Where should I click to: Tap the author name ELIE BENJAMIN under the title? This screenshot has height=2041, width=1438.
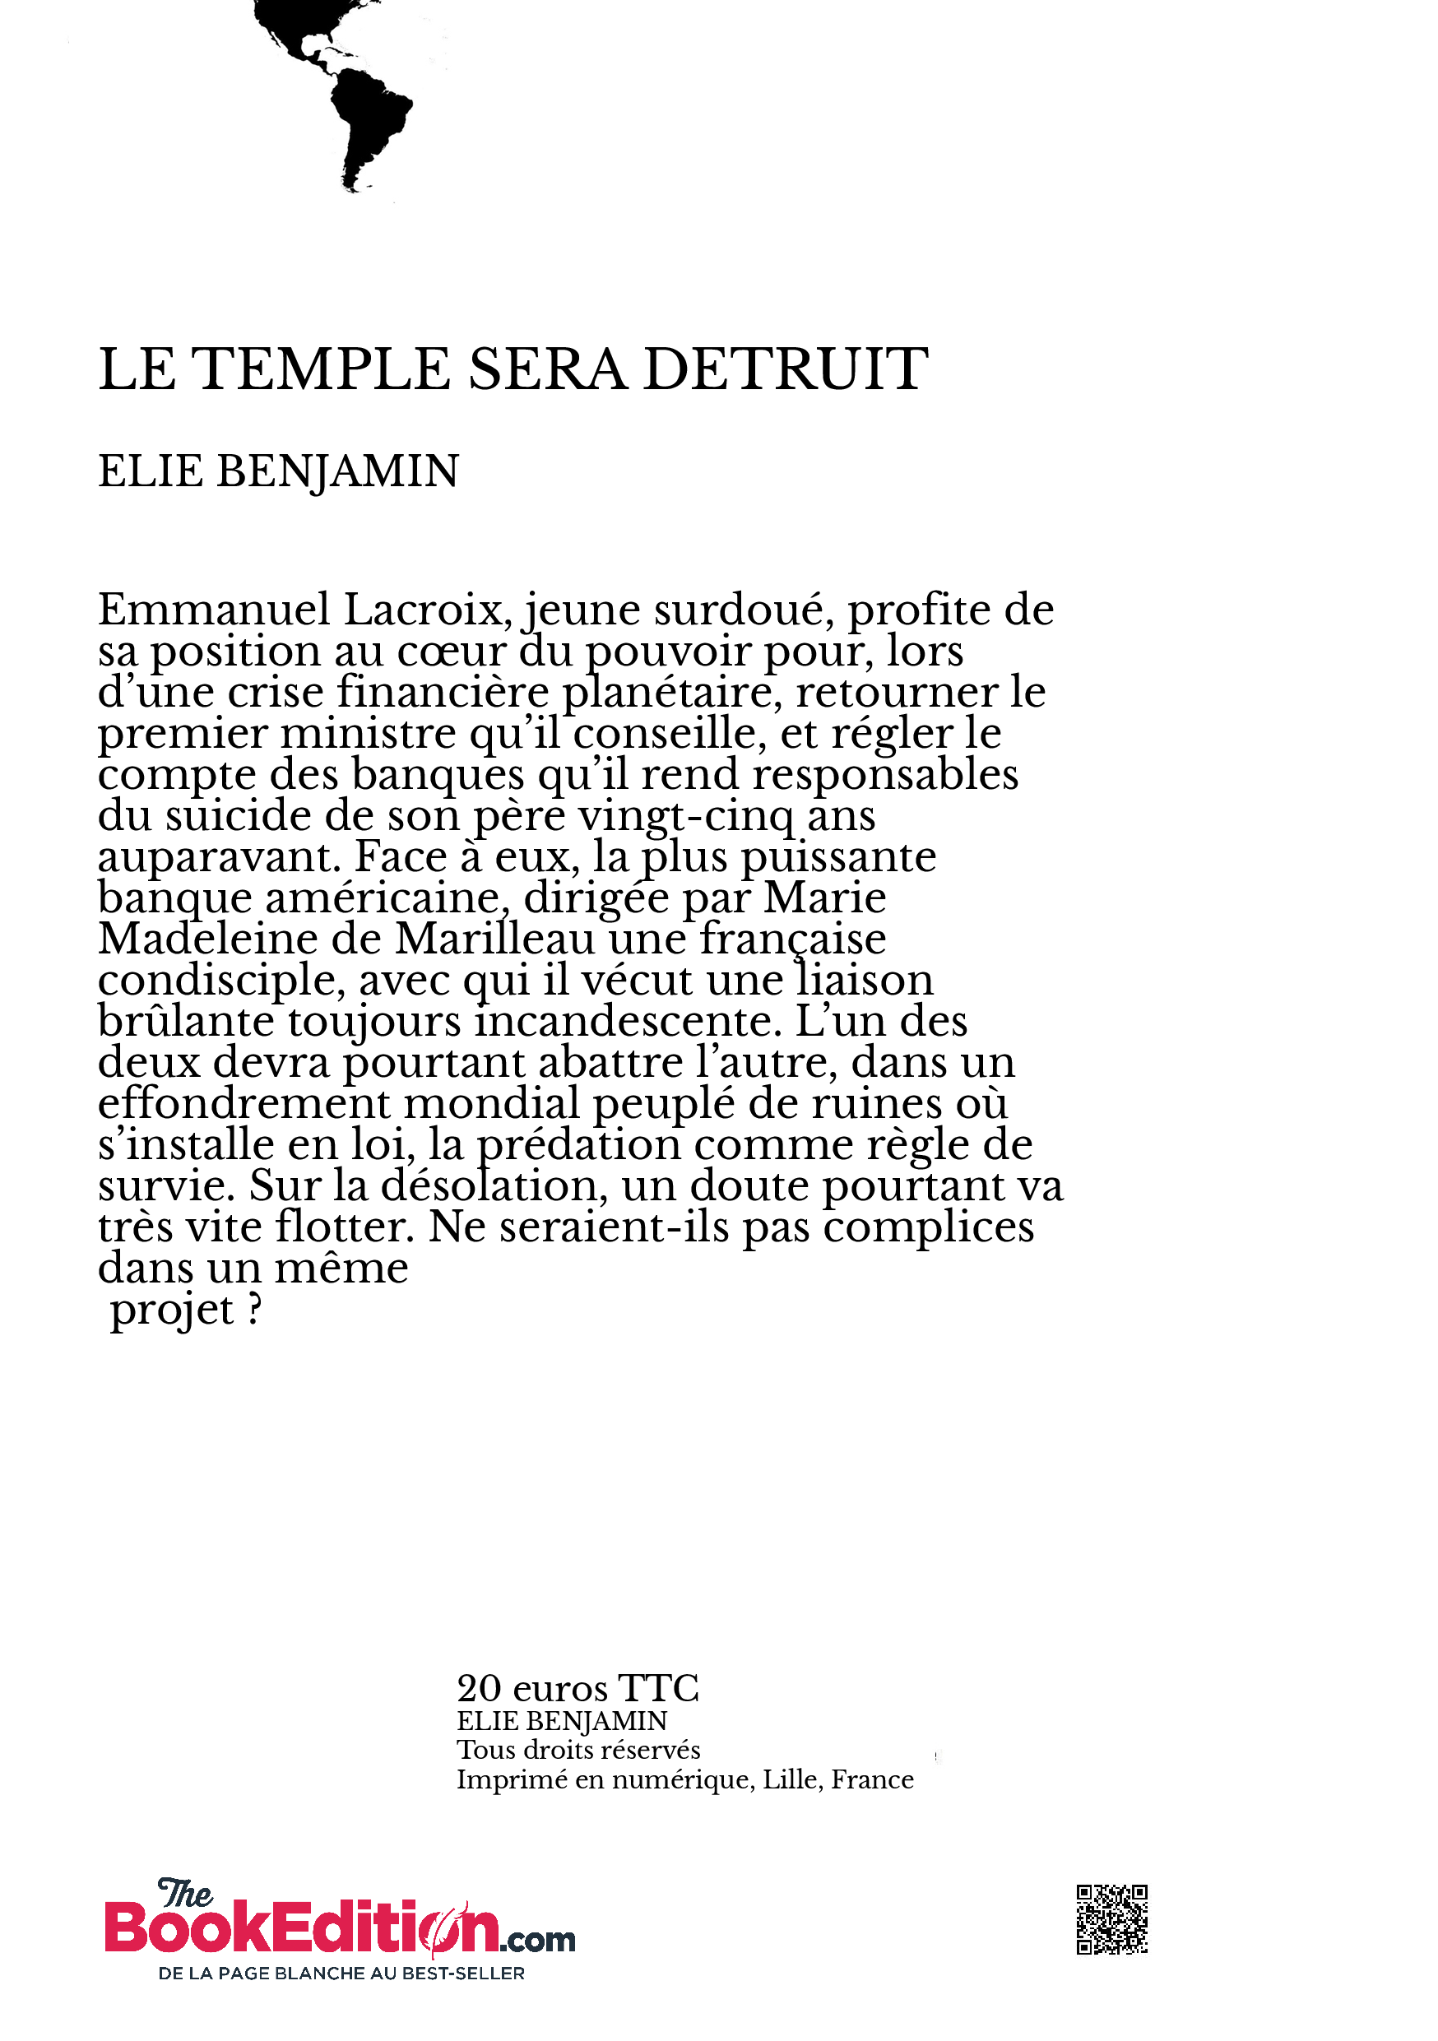coord(278,471)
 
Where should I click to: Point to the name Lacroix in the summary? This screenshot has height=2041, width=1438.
coord(428,610)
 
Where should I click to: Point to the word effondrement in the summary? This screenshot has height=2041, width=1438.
coord(244,1104)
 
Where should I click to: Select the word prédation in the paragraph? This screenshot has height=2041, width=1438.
coord(578,1145)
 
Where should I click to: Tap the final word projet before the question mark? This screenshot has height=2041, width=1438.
coord(172,1310)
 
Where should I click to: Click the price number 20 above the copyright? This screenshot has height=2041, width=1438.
coord(479,1689)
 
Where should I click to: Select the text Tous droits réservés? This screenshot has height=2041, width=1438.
coord(578,1751)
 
